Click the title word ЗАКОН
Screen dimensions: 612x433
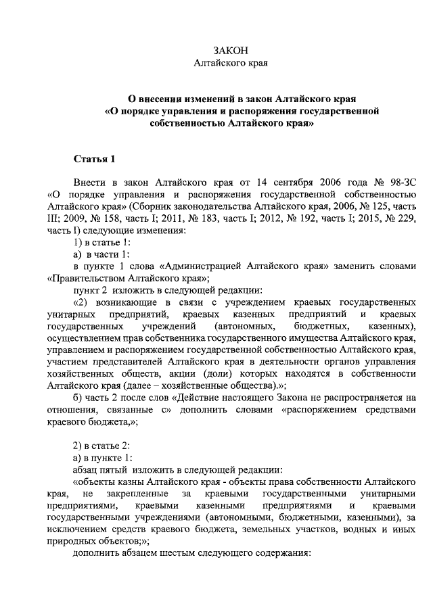pos(231,51)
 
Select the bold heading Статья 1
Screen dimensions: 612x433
pos(95,160)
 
